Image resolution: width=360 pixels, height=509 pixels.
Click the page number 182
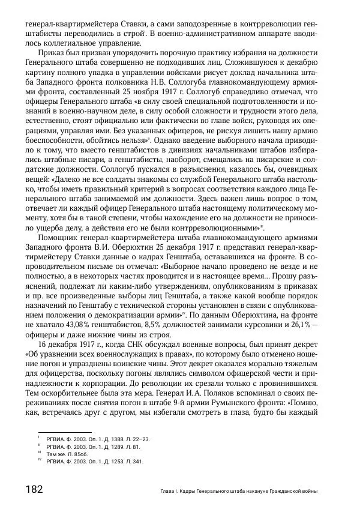tap(34, 489)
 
